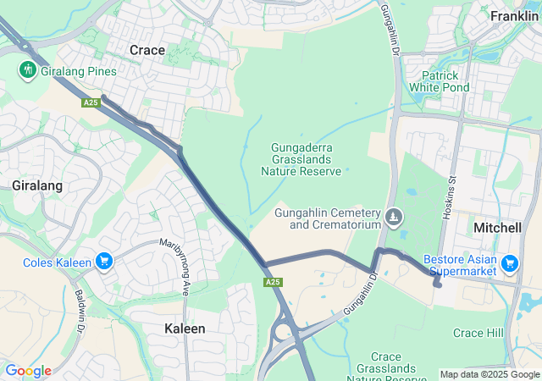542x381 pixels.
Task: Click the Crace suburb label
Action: tap(147, 51)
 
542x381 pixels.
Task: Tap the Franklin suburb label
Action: tap(514, 16)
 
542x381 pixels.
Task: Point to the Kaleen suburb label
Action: tap(185, 328)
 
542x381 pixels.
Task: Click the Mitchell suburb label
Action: tap(497, 229)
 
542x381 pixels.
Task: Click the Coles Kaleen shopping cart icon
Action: tap(104, 262)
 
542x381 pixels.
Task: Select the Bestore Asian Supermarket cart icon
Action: tap(509, 264)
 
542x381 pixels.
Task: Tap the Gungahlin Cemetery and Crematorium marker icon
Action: tap(394, 218)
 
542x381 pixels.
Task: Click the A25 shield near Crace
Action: tap(91, 102)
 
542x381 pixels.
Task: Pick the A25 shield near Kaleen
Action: tap(272, 282)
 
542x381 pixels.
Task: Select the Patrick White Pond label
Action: tap(439, 81)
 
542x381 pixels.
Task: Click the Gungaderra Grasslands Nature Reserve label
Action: tap(301, 159)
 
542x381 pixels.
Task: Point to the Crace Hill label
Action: tap(478, 333)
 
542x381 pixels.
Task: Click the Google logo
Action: tap(28, 371)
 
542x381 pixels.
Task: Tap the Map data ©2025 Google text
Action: tap(489, 374)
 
